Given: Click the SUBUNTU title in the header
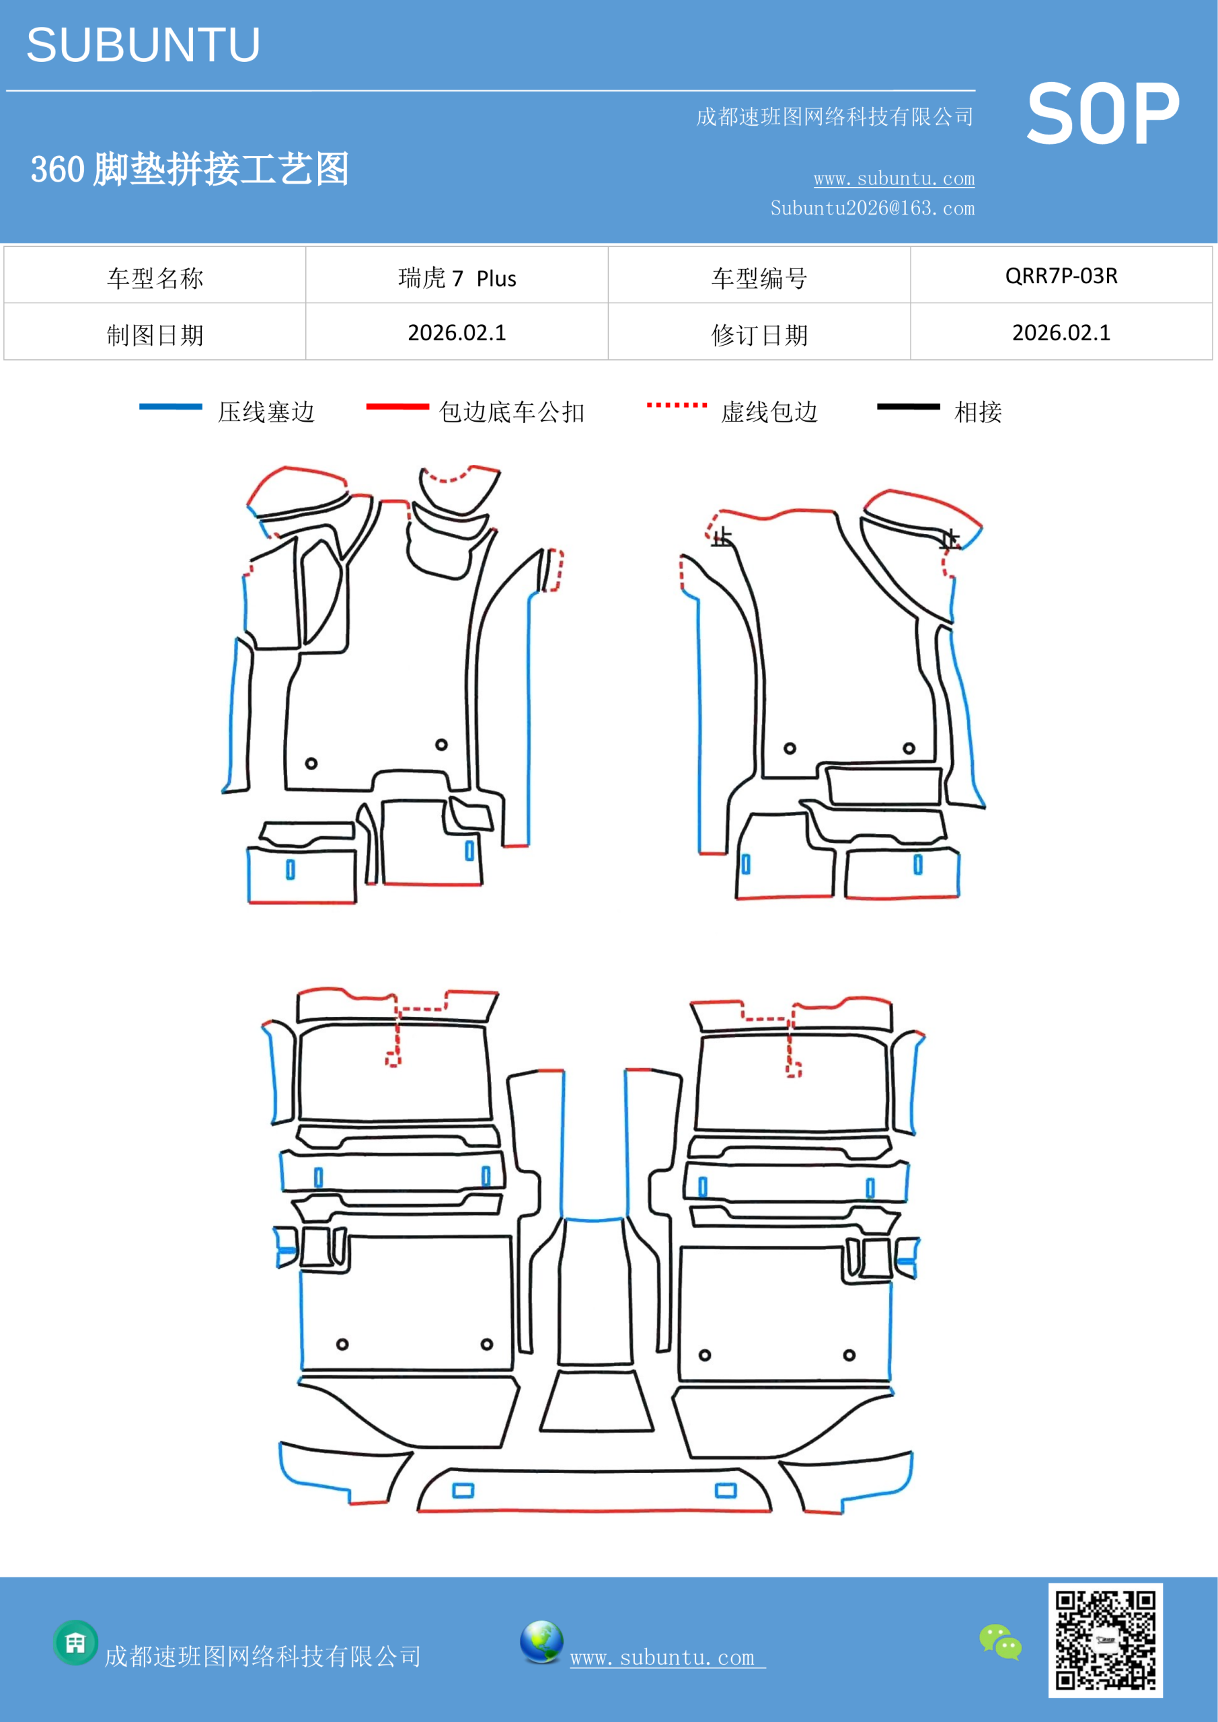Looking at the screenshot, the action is pos(143,45).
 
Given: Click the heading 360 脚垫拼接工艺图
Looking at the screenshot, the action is pos(190,169).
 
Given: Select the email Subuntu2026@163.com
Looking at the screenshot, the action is pos(872,208).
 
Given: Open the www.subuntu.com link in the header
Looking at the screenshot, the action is pos(894,178).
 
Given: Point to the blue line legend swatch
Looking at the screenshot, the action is pos(170,406).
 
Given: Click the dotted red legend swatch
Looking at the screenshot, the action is pos(677,405).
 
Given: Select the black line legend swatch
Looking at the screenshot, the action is pos(908,406).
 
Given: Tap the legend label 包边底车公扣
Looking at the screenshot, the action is pos(512,412).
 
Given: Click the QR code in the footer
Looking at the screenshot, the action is pos(1106,1640).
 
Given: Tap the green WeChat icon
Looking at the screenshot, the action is pos(1001,1642).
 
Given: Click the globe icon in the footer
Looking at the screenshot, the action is pos(541,1642).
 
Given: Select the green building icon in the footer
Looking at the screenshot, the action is pos(76,1643).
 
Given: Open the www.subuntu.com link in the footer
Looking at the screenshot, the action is pos(667,1657).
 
